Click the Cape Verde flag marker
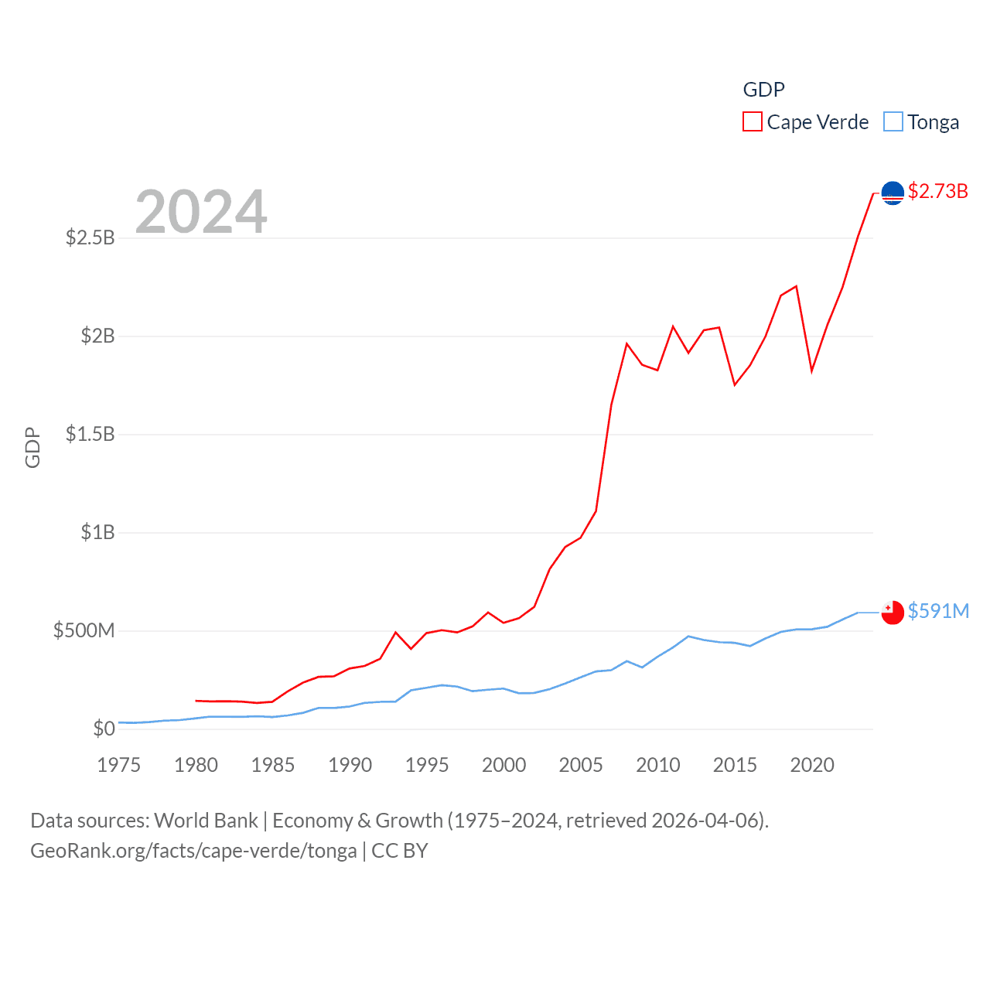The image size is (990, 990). coord(893,193)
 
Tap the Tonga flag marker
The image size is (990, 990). coord(893,612)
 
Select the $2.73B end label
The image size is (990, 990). coord(937,191)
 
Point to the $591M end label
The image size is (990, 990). coord(938,611)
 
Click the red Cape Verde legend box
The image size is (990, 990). coord(752,122)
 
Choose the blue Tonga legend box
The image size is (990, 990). coord(893,122)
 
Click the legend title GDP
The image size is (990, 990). coord(763,90)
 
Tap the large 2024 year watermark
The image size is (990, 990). coord(201,211)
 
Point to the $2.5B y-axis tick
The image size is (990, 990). coord(90,237)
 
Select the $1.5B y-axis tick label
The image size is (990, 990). coord(90,434)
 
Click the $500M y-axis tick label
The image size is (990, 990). coord(84,630)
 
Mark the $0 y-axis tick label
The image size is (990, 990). coord(104,729)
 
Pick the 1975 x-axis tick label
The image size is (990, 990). coord(119,765)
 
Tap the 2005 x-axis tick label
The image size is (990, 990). coord(581,765)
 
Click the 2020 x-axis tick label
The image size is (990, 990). coord(812,765)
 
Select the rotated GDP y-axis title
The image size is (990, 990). coord(32,447)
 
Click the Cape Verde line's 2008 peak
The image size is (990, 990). coord(626,343)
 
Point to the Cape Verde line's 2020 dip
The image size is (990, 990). coord(811,371)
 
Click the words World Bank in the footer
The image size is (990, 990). coord(206,820)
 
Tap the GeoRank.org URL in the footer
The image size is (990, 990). coord(193,851)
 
